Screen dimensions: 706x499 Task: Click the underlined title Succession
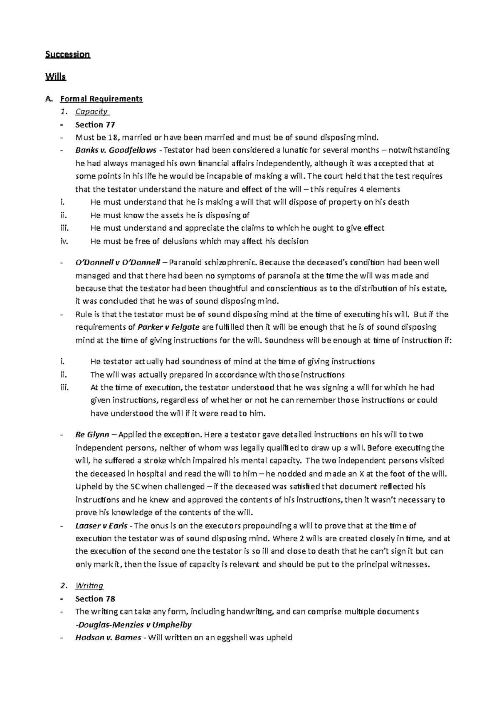(68, 54)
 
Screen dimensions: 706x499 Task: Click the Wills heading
(56, 77)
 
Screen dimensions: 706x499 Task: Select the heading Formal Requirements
(101, 99)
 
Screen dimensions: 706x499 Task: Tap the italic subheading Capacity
(91, 111)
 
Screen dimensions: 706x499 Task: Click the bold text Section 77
(95, 125)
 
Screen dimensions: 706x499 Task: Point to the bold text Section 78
(95, 599)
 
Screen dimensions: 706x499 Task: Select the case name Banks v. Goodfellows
(116, 150)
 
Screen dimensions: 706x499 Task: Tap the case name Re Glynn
(92, 435)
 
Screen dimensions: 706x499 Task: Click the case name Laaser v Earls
(101, 526)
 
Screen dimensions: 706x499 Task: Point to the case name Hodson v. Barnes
(108, 637)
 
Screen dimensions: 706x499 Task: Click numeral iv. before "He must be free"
(64, 241)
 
